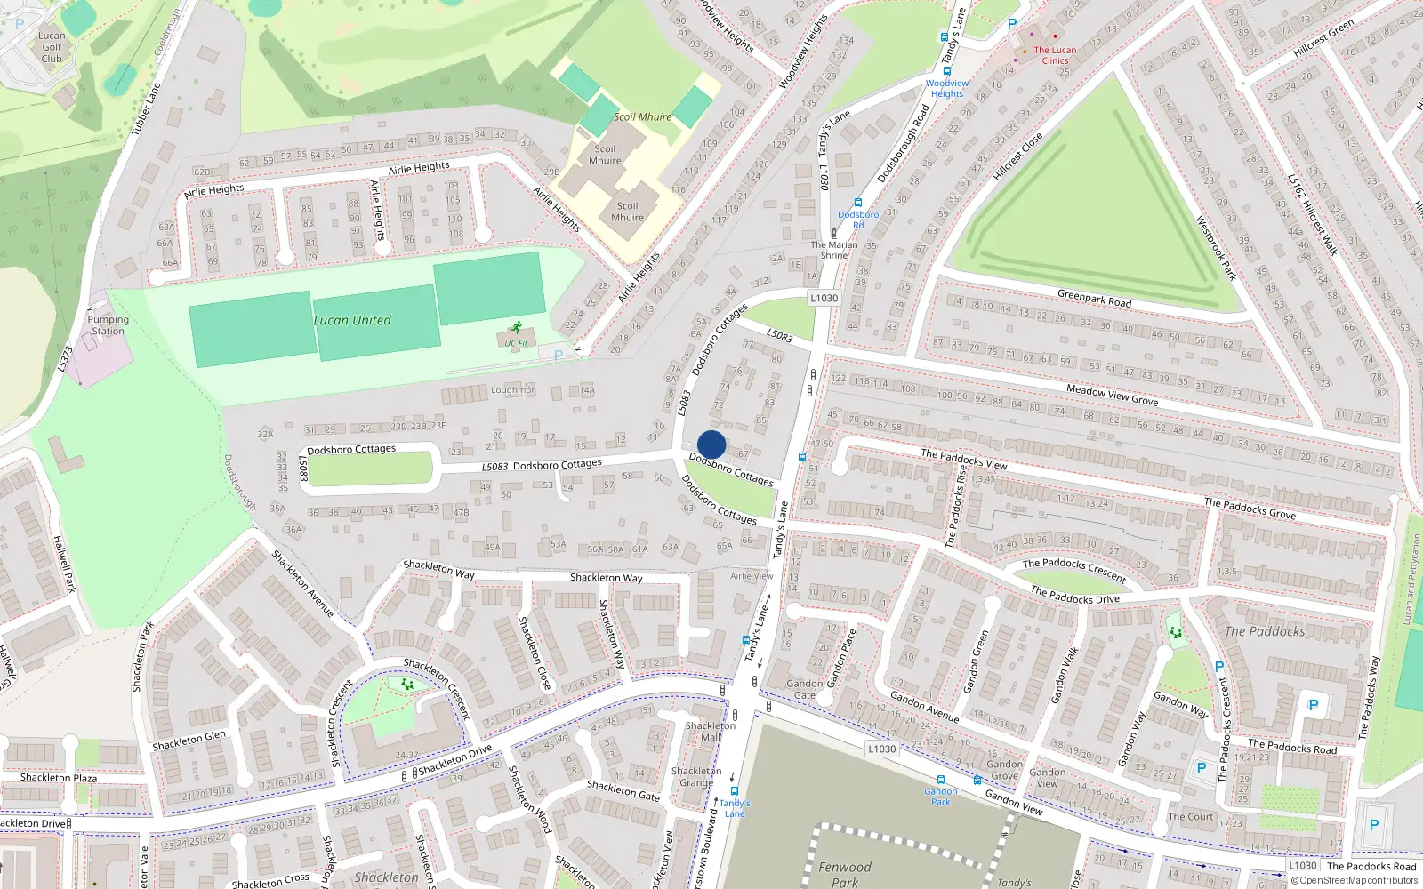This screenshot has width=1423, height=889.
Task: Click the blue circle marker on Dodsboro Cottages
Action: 711,444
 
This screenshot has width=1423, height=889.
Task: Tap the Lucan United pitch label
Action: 352,320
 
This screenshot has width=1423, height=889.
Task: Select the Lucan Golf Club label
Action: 52,47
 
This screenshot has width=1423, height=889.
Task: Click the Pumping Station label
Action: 108,325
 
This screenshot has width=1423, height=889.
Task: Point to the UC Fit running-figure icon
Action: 517,328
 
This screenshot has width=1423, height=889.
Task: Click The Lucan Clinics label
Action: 1055,55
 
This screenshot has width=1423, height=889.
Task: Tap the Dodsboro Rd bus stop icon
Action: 857,203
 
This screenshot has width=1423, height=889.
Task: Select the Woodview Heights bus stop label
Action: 947,88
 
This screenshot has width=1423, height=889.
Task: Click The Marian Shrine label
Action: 834,250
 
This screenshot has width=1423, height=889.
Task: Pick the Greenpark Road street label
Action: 1094,298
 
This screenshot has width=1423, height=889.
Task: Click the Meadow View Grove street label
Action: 1112,395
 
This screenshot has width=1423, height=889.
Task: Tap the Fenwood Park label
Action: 845,874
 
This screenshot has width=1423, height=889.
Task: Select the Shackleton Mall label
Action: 710,731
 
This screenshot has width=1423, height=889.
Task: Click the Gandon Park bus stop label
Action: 940,796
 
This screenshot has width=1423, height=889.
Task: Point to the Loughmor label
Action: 513,390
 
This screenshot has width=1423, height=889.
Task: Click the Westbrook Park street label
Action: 1216,248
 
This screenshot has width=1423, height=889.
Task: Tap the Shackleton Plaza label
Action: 59,778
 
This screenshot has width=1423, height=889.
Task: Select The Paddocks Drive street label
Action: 1074,595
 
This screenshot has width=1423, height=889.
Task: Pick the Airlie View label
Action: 752,576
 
